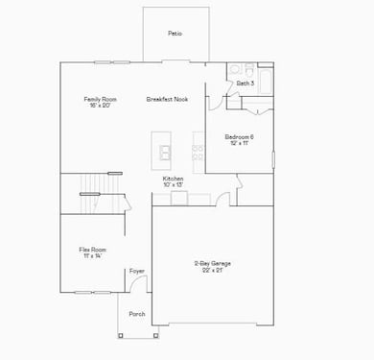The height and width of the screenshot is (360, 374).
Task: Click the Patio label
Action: pos(175,34)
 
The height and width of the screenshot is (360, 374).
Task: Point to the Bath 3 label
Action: pos(245,84)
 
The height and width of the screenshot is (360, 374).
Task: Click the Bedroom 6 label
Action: pos(239,136)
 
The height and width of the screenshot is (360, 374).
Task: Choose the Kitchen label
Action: pos(173,179)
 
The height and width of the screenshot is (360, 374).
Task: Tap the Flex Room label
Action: pos(92,250)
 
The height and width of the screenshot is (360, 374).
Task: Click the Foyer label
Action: pos(137,272)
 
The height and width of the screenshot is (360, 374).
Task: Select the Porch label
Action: pos(137,314)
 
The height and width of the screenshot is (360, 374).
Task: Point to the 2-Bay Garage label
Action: pos(212,263)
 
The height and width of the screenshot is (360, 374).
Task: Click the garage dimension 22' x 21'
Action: pos(212,271)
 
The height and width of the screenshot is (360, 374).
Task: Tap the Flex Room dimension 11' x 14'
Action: pos(92,256)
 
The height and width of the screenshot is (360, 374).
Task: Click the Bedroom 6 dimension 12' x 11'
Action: pos(239,143)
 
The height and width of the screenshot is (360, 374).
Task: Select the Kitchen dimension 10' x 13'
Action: pos(173,185)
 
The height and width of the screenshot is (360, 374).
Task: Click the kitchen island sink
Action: pos(165,152)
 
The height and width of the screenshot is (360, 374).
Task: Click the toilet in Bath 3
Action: pos(246,70)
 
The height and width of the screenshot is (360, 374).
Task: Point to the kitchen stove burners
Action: pos(198,150)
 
